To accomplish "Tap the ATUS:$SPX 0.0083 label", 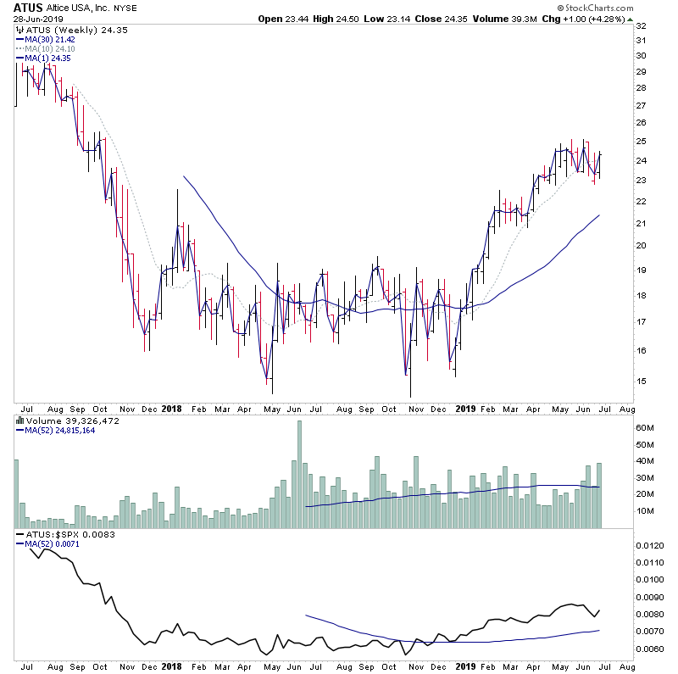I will click(64, 535).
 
